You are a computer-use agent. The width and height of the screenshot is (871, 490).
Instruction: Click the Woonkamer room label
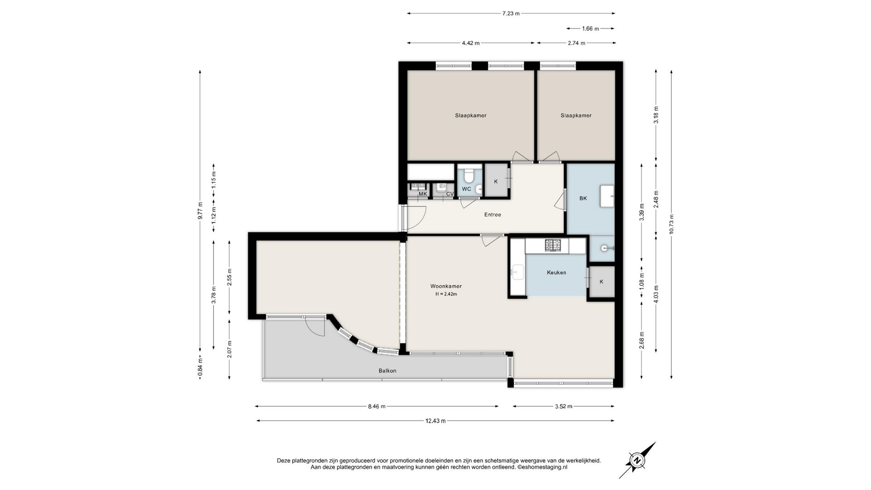[446, 286]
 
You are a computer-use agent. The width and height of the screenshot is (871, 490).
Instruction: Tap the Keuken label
[556, 273]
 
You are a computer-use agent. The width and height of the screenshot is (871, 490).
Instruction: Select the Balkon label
[387, 371]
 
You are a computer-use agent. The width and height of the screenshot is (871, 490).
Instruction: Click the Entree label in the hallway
[493, 215]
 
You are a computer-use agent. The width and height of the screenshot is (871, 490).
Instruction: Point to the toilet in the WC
[467, 173]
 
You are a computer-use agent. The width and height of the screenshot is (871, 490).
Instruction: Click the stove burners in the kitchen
[553, 245]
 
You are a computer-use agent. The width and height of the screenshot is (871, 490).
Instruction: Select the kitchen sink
[516, 272]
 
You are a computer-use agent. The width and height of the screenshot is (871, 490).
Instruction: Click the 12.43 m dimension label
[435, 421]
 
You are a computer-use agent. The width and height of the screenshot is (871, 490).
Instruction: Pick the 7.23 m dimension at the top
[511, 14]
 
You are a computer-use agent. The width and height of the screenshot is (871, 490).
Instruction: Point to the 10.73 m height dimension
[671, 224]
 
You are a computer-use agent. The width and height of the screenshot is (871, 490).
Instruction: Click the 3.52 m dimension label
[563, 406]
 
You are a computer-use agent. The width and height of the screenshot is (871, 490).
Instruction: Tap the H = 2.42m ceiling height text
[446, 294]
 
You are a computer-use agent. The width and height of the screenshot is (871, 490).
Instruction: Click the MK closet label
[423, 194]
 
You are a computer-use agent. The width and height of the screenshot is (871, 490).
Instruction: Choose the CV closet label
[450, 194]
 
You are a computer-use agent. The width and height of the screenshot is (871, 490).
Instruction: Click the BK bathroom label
[583, 198]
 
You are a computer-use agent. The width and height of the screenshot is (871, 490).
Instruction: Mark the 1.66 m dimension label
[590, 29]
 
